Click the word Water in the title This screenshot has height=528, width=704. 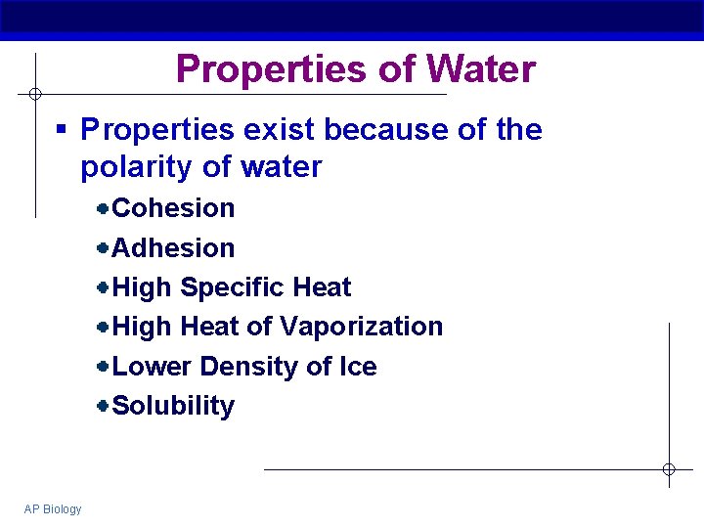(x=481, y=69)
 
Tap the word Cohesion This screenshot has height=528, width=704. (x=174, y=208)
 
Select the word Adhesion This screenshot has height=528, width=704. (x=174, y=248)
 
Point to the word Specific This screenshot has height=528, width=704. (x=232, y=287)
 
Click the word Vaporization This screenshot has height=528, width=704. (x=361, y=327)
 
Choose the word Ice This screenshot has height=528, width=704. (x=357, y=367)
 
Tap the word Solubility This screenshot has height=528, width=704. (x=174, y=406)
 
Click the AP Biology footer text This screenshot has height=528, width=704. (x=54, y=508)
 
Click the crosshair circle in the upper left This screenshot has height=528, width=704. (x=34, y=95)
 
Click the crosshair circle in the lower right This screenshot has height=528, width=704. (x=669, y=469)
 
